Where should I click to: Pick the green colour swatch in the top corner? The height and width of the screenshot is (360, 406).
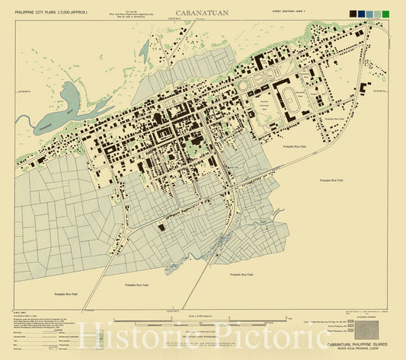pos(385,14)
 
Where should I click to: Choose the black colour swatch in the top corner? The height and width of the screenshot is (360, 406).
pos(353,14)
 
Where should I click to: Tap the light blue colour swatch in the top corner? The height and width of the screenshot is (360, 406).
pos(369,14)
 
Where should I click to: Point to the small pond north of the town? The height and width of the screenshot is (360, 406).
pos(143,50)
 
